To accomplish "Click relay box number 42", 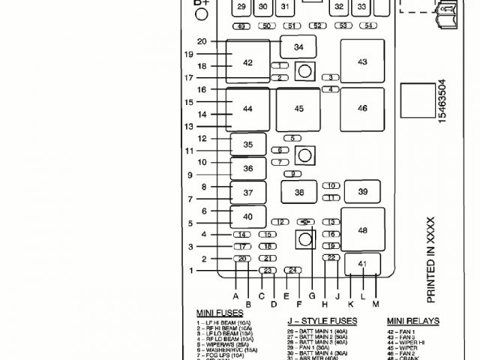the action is [x=248, y=63].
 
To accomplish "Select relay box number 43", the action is [x=362, y=61].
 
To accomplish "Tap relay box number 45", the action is [x=299, y=109].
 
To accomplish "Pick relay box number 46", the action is [x=362, y=109].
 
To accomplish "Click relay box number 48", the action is [x=363, y=230].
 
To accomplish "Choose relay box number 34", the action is [x=299, y=47].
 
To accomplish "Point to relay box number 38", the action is [x=299, y=193].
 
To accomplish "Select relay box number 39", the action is [x=363, y=192].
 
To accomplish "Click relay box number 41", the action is [x=362, y=264].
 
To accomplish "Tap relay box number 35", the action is [x=248, y=144].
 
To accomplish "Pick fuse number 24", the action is [x=294, y=270].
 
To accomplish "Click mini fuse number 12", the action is [x=280, y=222].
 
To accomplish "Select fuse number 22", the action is [x=331, y=257].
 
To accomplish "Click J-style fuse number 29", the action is [x=241, y=7].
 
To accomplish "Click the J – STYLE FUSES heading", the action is [x=322, y=321].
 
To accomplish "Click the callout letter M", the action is [x=376, y=304].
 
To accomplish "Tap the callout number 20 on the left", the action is [x=202, y=41].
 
